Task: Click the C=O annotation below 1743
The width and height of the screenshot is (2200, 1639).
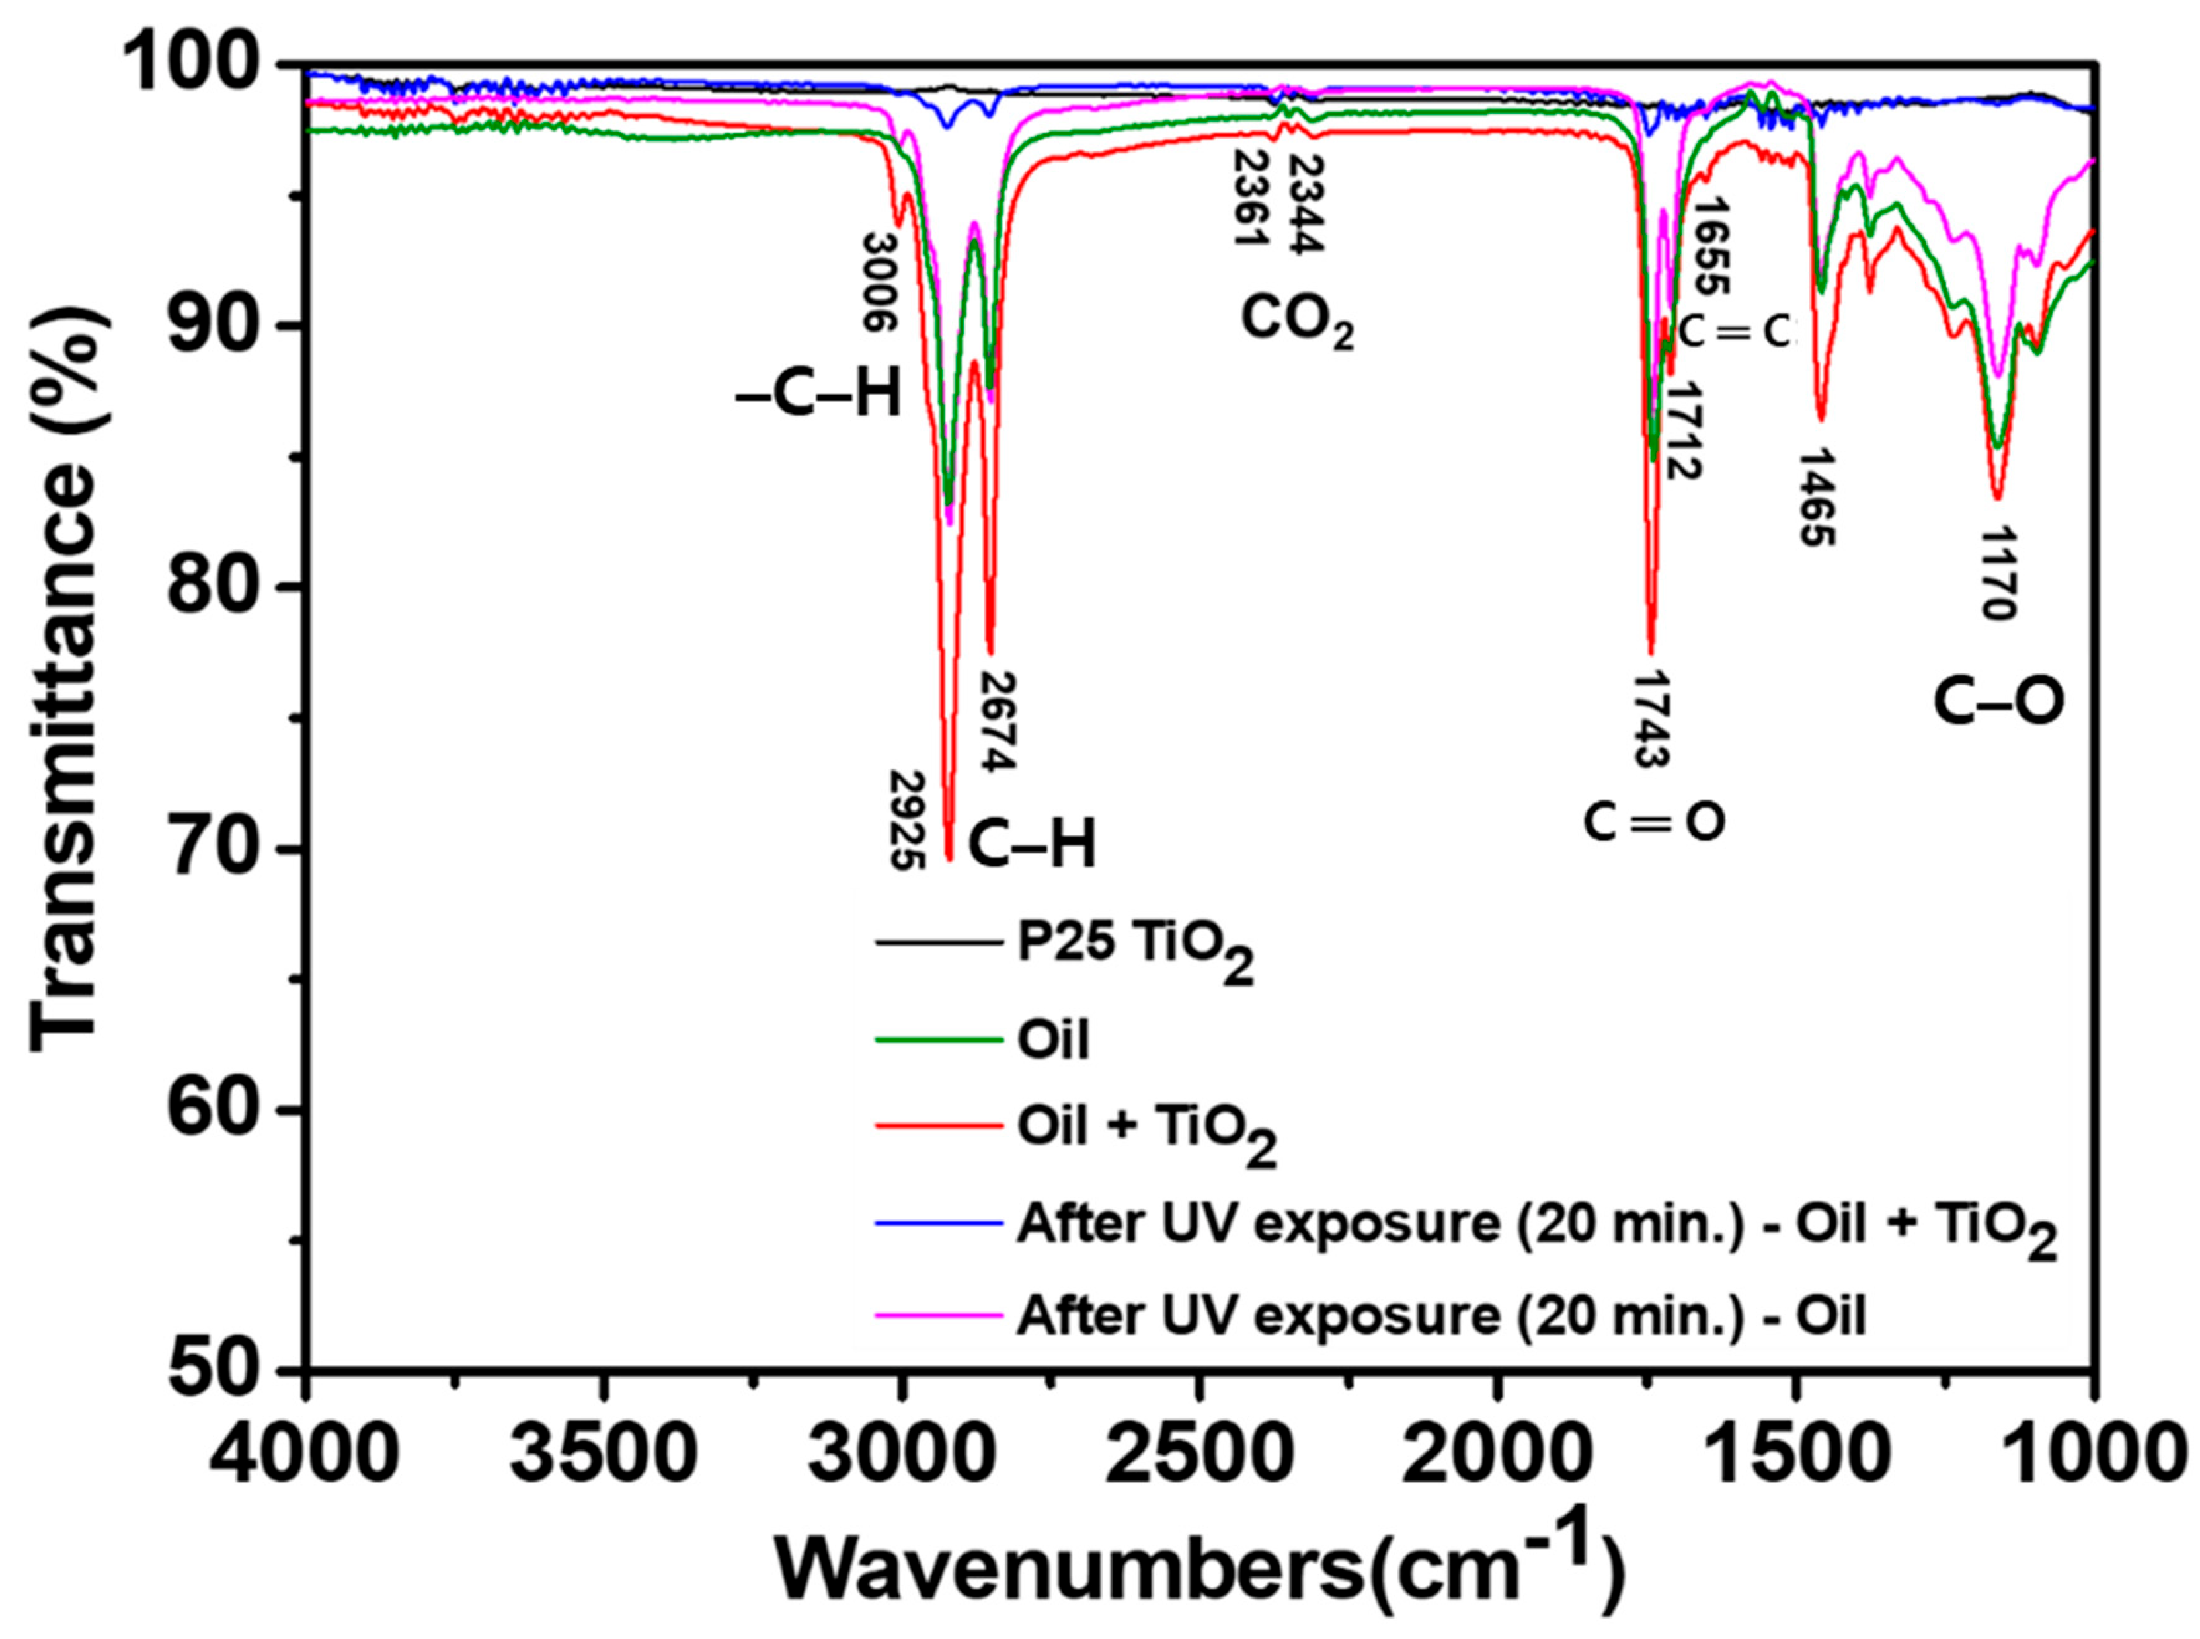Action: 1653,821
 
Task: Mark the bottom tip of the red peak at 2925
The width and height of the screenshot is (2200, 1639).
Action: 949,859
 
